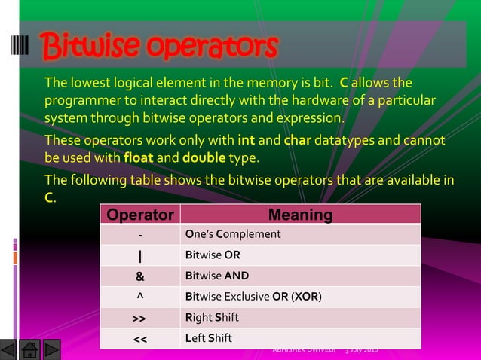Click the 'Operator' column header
click(x=139, y=215)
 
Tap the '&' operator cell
click(x=139, y=276)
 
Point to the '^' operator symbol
click(x=139, y=296)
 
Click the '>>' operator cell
click(x=139, y=318)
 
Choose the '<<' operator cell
click(x=139, y=338)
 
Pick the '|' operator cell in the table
click(x=139, y=255)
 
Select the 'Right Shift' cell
click(x=212, y=317)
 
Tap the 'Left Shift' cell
click(x=208, y=338)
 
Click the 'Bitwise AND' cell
click(x=216, y=276)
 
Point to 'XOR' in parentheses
click(x=306, y=297)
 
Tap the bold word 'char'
click(x=297, y=141)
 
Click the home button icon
click(x=30, y=350)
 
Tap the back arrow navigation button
click(x=9, y=350)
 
